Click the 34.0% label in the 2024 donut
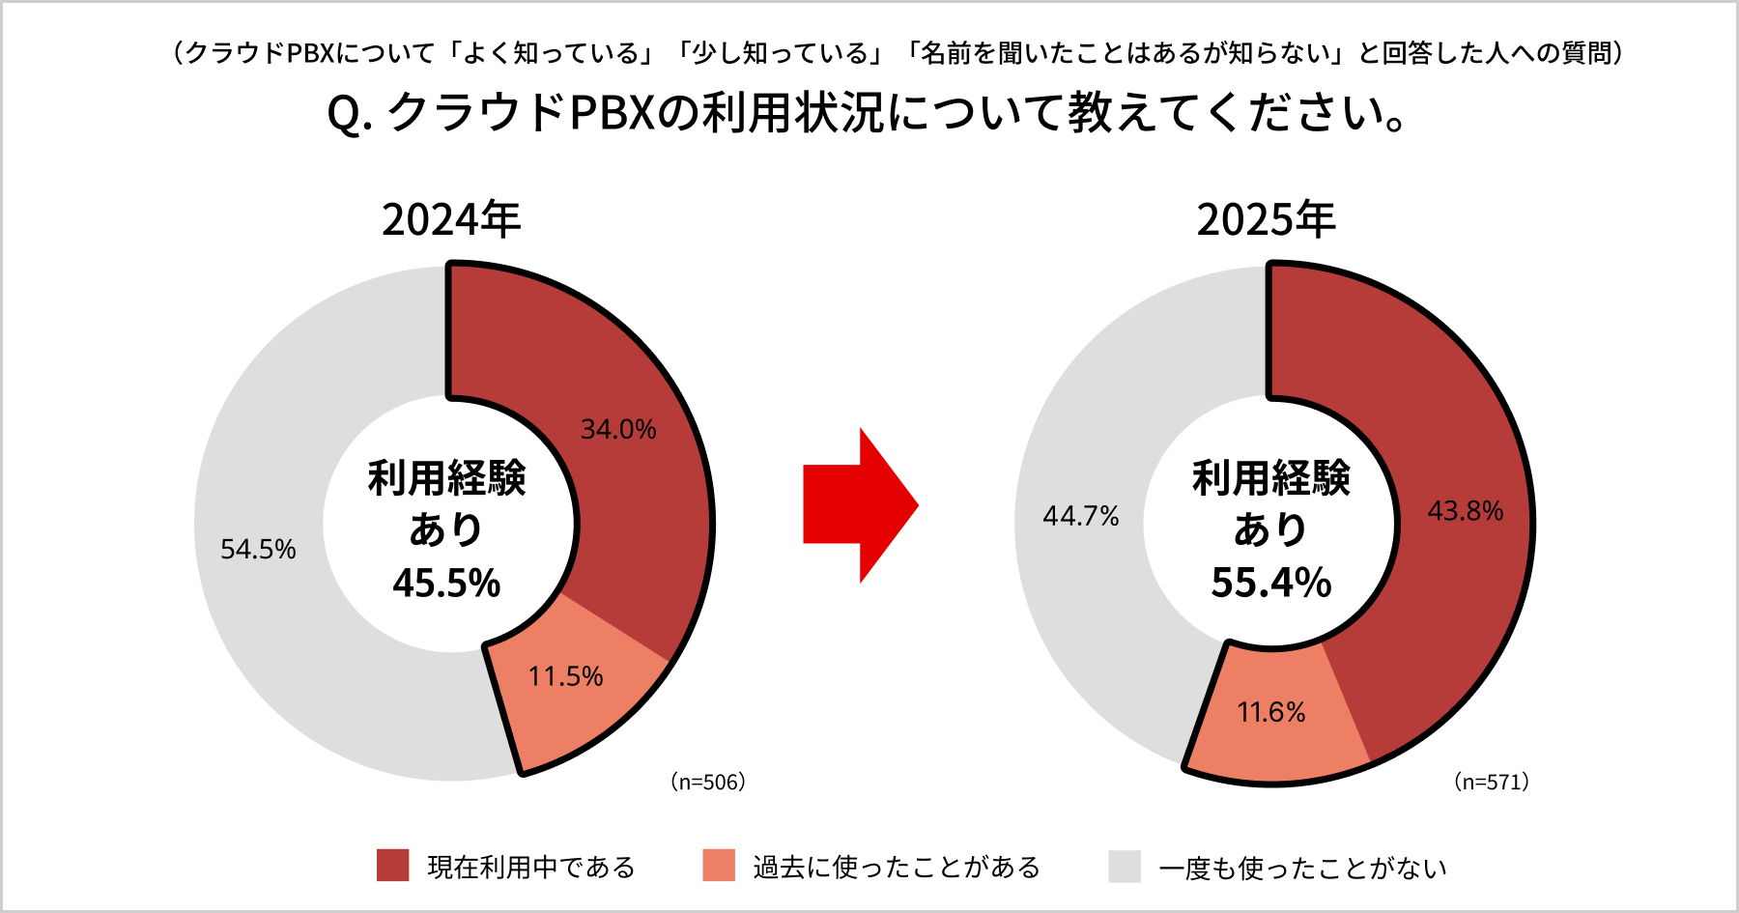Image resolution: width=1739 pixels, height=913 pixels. point(618,429)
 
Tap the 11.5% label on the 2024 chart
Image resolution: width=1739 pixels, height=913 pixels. point(565,676)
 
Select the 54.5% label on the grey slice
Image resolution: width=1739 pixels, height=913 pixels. point(258,549)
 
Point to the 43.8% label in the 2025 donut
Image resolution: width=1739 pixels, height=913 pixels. point(1466,511)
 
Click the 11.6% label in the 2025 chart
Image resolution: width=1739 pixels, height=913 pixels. point(1271,713)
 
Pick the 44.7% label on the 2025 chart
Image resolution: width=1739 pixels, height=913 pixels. point(1080,516)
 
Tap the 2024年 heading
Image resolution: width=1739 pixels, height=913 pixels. point(451,219)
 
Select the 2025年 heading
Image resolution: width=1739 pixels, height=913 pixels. point(1266,219)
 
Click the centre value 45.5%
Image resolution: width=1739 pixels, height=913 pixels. point(446,583)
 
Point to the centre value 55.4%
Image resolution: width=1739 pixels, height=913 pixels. point(1271,583)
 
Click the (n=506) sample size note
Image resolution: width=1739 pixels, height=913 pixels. point(708,782)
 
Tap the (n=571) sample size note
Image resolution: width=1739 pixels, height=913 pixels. point(1492,782)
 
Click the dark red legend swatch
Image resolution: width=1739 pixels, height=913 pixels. point(392,866)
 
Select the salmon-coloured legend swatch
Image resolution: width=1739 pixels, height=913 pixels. point(719,866)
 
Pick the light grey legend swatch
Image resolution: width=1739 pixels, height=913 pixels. point(1125,866)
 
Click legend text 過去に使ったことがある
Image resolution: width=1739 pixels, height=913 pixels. point(897,867)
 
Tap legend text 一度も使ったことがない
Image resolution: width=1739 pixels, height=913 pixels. point(1302,868)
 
